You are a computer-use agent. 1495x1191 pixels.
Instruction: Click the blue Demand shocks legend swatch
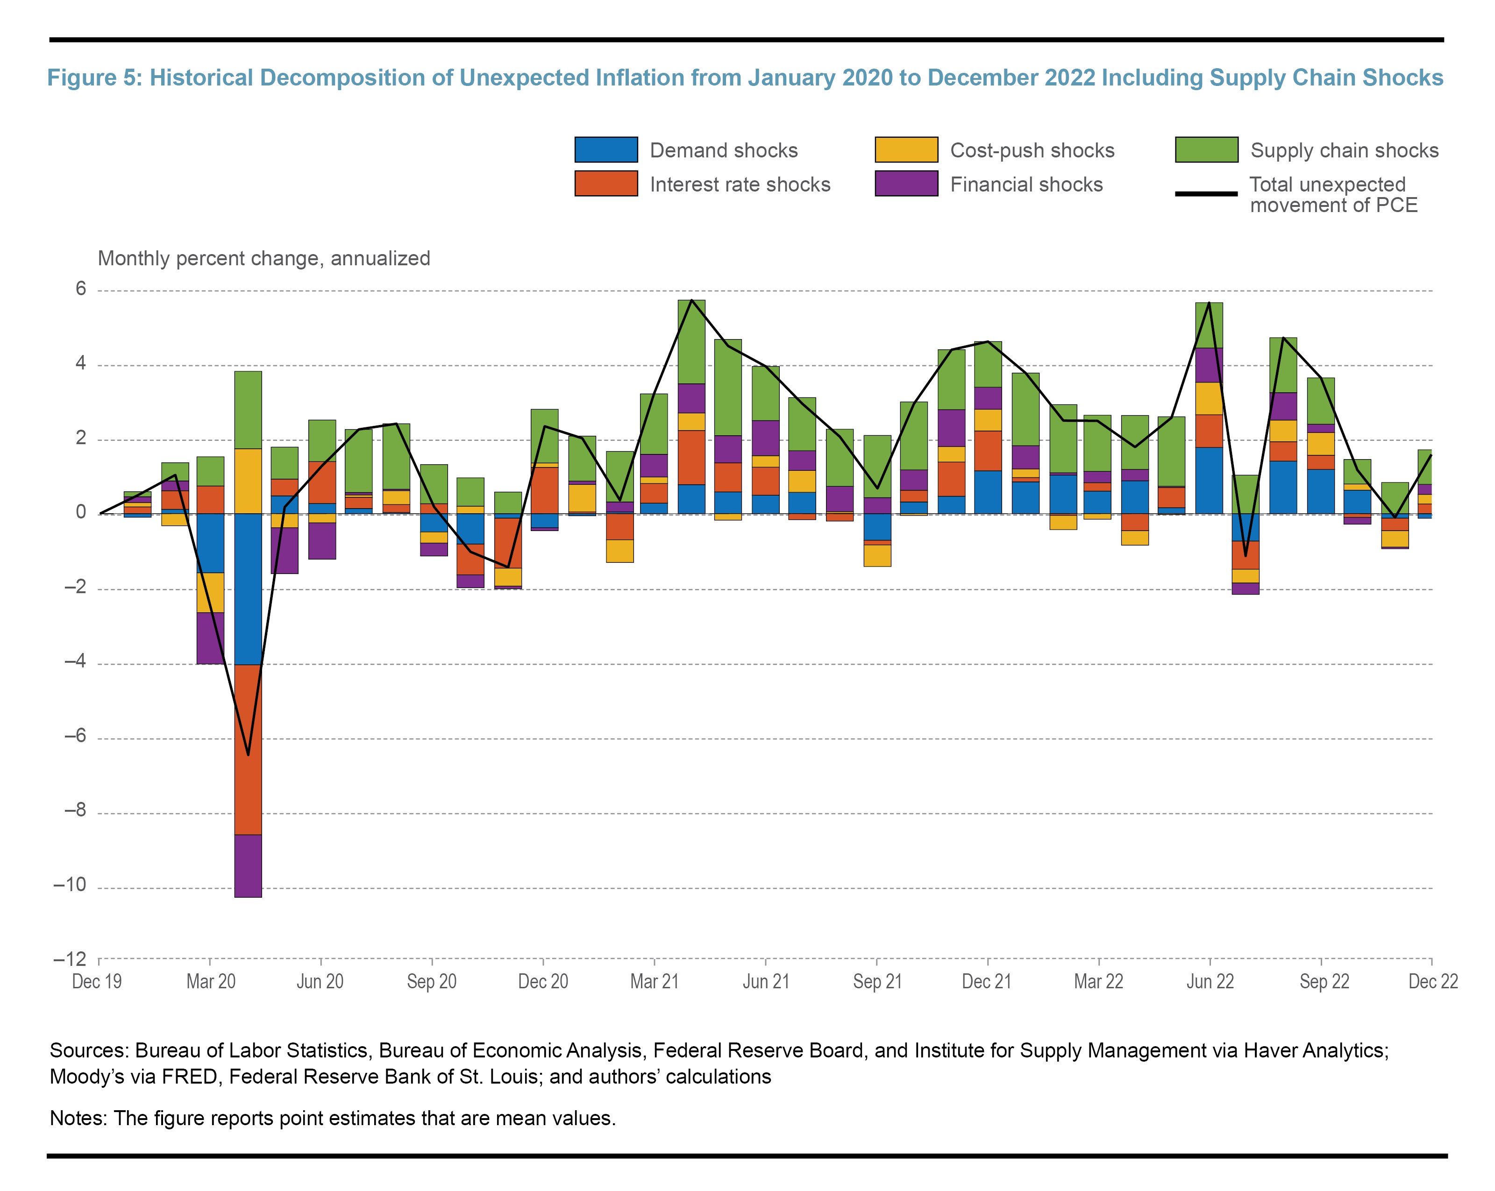click(x=605, y=150)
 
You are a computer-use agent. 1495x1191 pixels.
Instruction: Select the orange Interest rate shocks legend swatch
click(x=605, y=184)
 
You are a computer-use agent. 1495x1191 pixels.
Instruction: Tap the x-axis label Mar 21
click(x=654, y=982)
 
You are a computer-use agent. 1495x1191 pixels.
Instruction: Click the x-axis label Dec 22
click(x=1432, y=982)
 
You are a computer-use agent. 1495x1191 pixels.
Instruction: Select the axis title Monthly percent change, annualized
click(x=263, y=259)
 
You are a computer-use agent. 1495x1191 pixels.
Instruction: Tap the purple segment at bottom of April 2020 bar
click(x=248, y=866)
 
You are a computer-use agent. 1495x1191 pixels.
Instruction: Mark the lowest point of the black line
click(x=248, y=754)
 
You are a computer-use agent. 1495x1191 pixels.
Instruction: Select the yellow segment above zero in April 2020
click(x=248, y=481)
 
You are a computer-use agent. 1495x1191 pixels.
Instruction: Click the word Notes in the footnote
click(x=76, y=1118)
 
